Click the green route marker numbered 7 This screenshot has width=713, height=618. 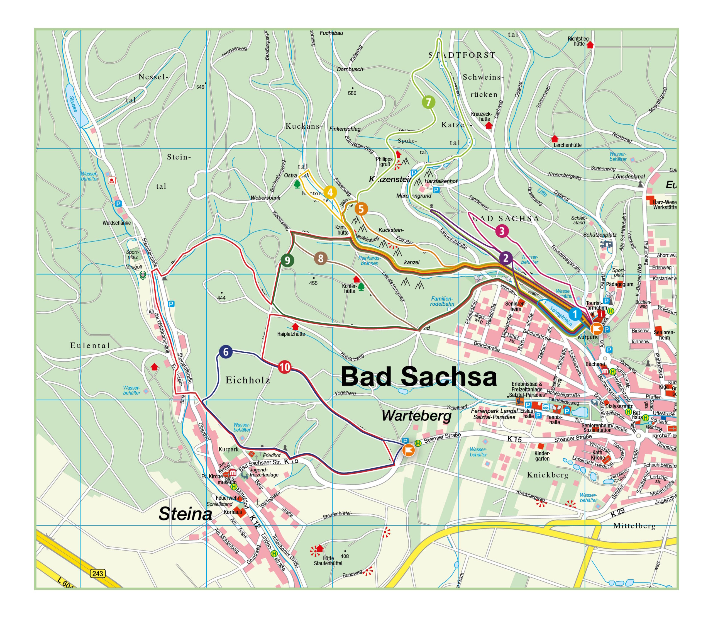[x=428, y=102]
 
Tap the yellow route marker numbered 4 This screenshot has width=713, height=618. [x=330, y=193]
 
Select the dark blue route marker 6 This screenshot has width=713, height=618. [x=226, y=352]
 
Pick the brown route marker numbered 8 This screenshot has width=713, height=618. [x=321, y=258]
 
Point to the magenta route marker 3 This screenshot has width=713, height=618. [x=502, y=231]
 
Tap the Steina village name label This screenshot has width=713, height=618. [x=185, y=514]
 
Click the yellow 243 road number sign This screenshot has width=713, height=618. [x=97, y=573]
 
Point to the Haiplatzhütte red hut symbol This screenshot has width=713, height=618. [x=295, y=326]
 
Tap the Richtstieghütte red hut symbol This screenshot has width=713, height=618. [x=590, y=45]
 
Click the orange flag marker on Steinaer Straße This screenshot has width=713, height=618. [x=409, y=450]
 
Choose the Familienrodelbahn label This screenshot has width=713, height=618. [x=442, y=301]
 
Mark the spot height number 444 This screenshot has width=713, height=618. [x=221, y=298]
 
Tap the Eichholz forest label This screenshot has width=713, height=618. [x=248, y=380]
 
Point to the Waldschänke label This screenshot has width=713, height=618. [x=116, y=223]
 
